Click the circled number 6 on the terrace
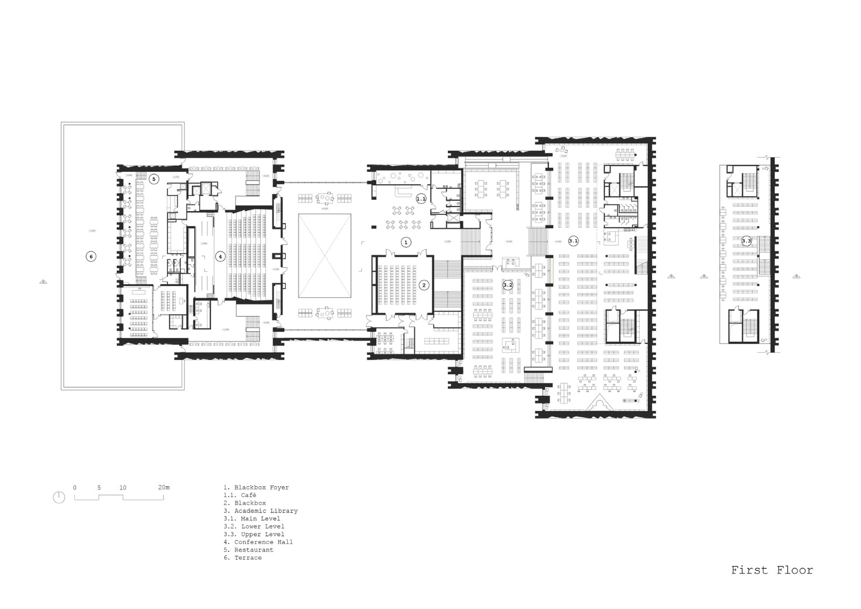click(x=91, y=257)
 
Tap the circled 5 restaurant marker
click(x=153, y=179)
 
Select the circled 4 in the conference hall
click(x=220, y=257)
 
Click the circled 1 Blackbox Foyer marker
click(x=406, y=242)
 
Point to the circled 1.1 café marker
click(x=421, y=199)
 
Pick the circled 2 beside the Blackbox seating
click(x=424, y=285)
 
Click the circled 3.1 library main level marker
click(x=574, y=241)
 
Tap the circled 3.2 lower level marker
click(x=508, y=285)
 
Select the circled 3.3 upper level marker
click(x=746, y=241)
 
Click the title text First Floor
click(x=772, y=570)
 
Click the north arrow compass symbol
click(x=59, y=498)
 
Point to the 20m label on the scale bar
click(x=164, y=487)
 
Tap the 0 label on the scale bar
click(x=75, y=487)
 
